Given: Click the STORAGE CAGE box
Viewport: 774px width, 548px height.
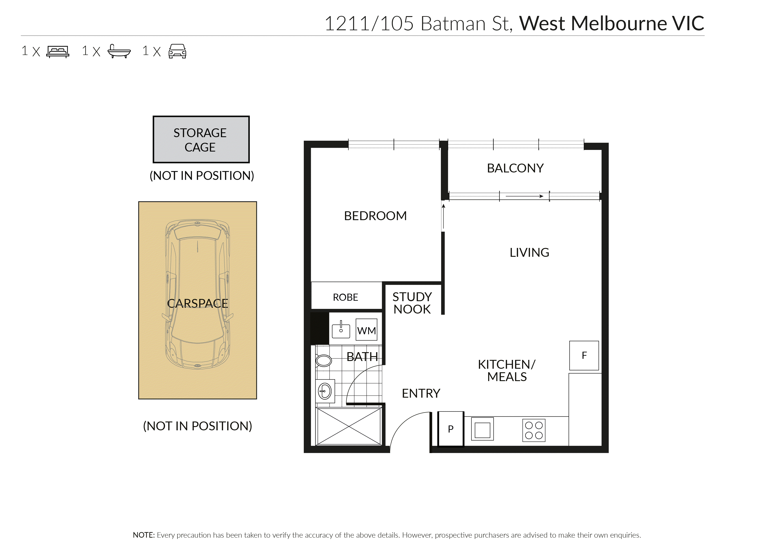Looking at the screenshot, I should [201, 139].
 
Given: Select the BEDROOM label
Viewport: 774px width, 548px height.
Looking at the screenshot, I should [375, 216].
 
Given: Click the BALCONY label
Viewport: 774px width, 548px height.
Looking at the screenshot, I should [515, 168].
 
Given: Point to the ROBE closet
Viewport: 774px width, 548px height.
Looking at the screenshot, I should [346, 297].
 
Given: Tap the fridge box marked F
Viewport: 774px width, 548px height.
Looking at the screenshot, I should [584, 355].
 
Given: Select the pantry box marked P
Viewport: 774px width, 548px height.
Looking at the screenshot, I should [451, 429].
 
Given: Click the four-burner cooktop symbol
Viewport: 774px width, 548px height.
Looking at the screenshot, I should [534, 430].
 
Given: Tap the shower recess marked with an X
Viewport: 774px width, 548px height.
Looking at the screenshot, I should [349, 427].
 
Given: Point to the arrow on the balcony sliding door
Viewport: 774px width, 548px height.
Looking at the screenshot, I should [524, 196].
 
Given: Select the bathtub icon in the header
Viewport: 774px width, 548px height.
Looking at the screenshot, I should [119, 51].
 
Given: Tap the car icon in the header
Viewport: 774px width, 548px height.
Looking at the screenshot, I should [177, 51].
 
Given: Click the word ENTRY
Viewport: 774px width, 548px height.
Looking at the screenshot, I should [421, 393].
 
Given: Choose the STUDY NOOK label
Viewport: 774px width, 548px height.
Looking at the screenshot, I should [412, 303].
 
